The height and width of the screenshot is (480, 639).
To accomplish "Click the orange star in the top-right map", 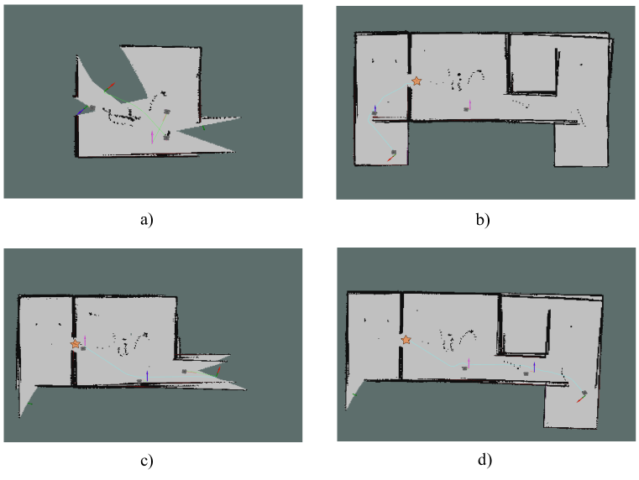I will [x=416, y=81].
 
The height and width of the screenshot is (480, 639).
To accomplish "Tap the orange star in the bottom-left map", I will [x=76, y=344].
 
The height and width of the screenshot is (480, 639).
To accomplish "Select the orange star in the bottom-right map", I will [x=406, y=340].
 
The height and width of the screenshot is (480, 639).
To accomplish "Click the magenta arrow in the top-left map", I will [x=152, y=137].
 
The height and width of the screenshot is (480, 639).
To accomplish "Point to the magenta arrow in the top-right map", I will [x=469, y=104].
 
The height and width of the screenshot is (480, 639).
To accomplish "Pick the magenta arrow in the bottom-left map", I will [x=85, y=341].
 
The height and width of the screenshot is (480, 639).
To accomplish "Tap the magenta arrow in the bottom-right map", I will [x=469, y=362].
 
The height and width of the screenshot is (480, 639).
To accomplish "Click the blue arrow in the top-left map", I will [x=81, y=111].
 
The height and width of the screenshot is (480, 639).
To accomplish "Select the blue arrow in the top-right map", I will [x=374, y=109].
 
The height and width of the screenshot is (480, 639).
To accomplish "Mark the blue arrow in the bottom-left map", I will [x=147, y=374].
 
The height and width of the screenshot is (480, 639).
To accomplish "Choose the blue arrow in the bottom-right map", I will [x=534, y=367].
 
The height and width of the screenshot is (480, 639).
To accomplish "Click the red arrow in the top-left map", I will [x=111, y=86].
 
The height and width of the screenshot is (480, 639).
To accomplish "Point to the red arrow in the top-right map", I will [x=390, y=157].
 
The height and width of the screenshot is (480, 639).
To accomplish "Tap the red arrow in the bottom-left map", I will [x=219, y=369].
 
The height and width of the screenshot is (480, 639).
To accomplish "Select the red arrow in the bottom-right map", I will [x=580, y=398].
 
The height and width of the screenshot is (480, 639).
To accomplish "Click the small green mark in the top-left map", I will [x=203, y=129].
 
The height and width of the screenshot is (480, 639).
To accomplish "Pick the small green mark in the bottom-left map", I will [x=30, y=404].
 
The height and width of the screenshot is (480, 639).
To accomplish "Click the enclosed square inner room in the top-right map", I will [x=532, y=63].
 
